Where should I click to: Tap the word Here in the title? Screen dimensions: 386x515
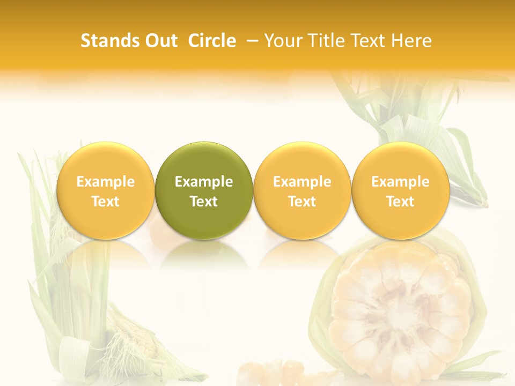click(x=411, y=41)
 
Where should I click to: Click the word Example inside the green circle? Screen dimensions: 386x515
click(x=204, y=182)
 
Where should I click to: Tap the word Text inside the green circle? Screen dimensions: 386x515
click(x=204, y=202)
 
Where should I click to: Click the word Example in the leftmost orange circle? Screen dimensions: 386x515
click(x=106, y=182)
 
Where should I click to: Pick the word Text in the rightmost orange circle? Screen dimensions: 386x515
click(x=400, y=202)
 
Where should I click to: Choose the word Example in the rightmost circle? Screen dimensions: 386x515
click(x=400, y=182)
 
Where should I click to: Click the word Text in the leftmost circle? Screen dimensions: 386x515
click(x=106, y=202)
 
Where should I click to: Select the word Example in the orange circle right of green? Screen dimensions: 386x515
click(x=302, y=182)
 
